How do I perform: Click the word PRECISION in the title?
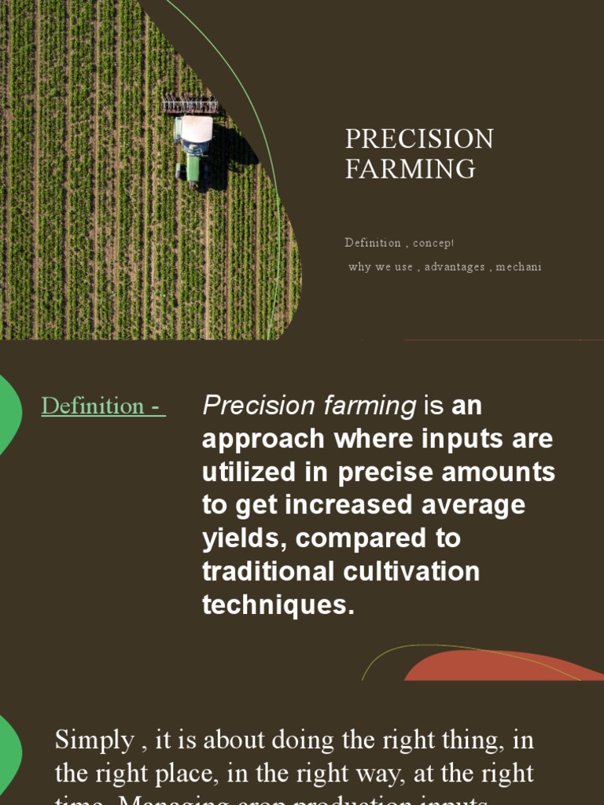point(419,139)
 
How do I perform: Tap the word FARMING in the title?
point(410,169)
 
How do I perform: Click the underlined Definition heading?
point(103,406)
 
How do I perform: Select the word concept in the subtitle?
point(433,243)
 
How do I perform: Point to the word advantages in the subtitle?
point(455,266)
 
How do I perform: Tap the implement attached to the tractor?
point(190,105)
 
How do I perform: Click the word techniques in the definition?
point(278,605)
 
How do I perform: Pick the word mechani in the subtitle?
point(518,266)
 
